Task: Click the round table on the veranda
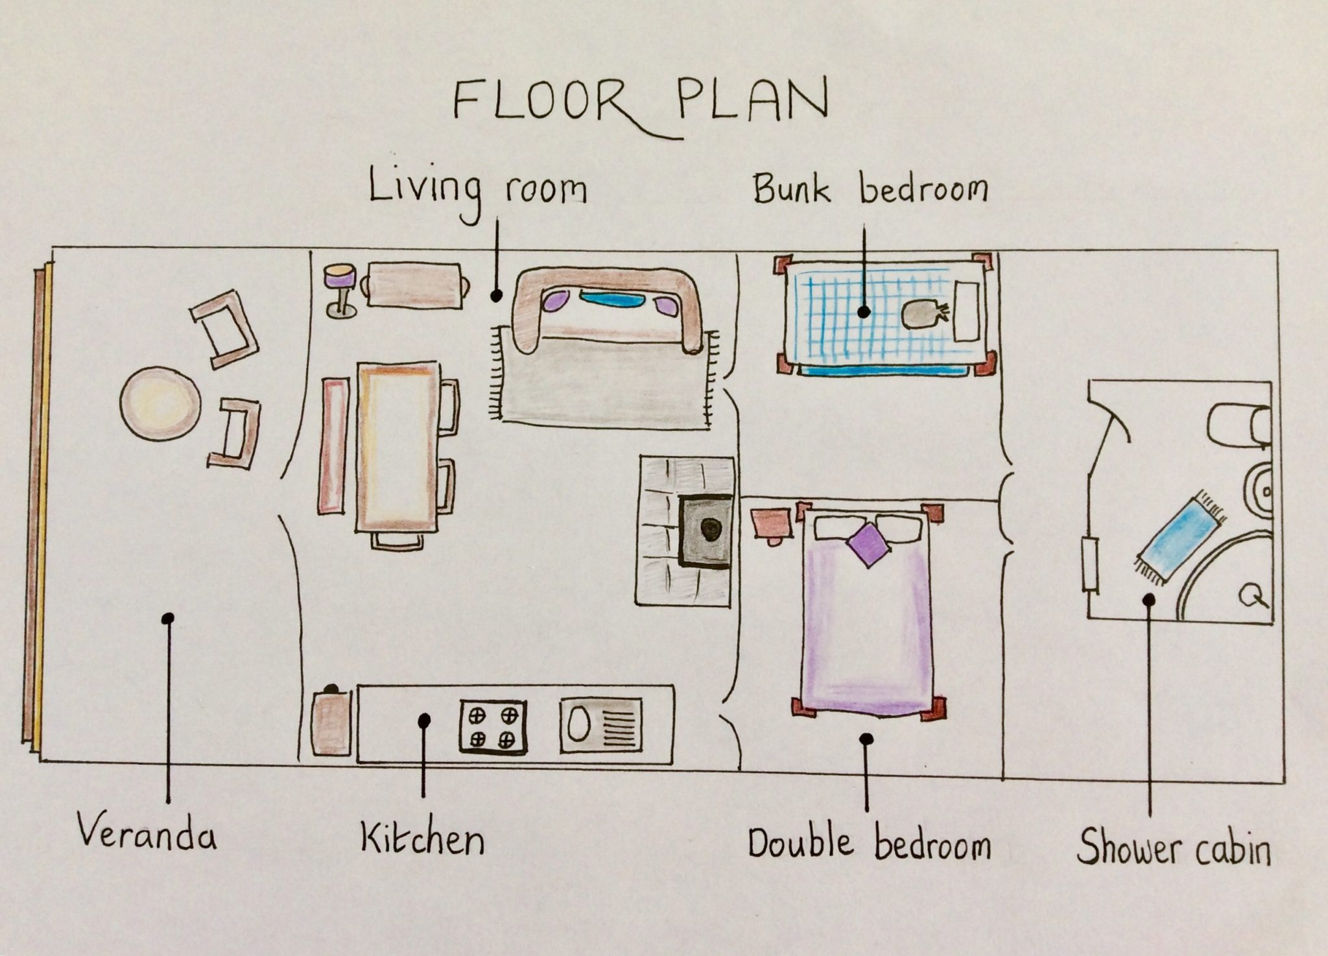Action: point(160,403)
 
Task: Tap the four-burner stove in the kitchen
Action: point(493,726)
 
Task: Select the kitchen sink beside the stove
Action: point(601,725)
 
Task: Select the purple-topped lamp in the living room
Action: point(340,290)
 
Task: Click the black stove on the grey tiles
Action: point(705,531)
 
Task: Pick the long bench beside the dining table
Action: point(334,446)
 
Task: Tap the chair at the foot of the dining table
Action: point(397,541)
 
